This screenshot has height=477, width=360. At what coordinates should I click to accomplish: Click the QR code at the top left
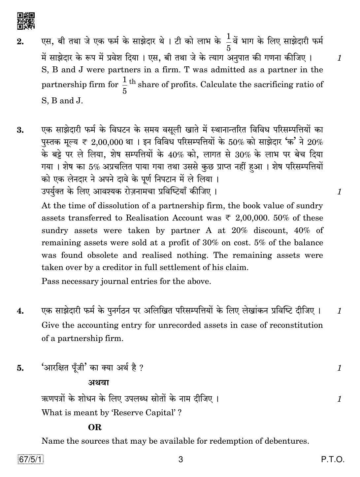click(26, 21)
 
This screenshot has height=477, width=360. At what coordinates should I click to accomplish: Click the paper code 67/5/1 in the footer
click(31, 459)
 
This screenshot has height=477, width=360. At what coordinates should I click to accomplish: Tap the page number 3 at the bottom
click(180, 460)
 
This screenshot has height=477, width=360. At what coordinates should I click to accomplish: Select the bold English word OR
click(95, 427)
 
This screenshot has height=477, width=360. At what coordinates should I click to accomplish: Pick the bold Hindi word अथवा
click(98, 383)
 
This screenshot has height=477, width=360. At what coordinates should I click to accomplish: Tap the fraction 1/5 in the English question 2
click(124, 85)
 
